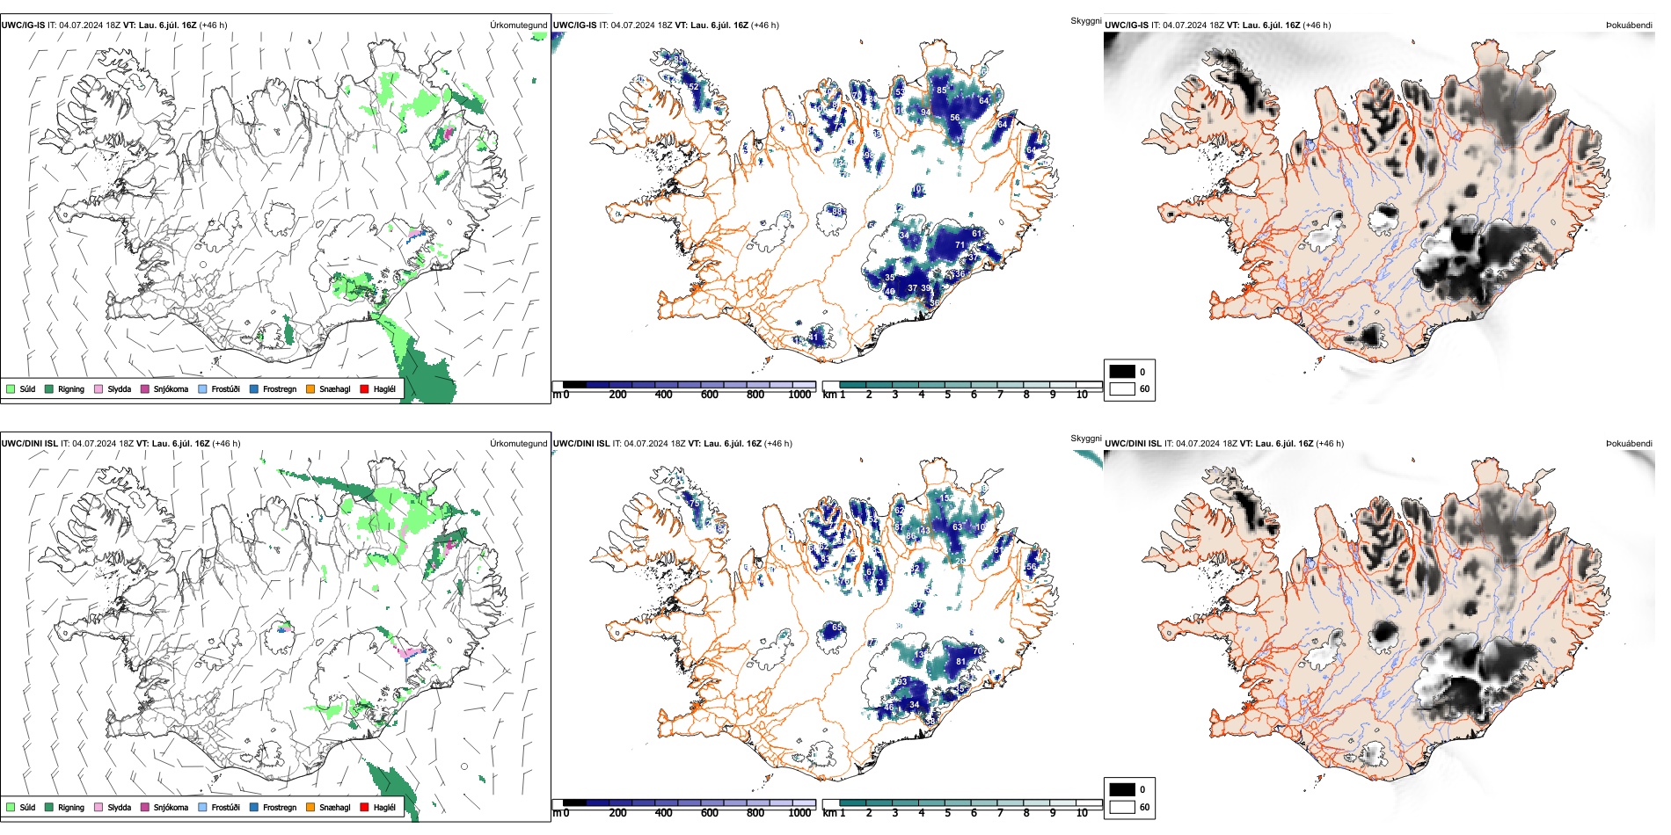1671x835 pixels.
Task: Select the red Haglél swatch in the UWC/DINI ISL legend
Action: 364,807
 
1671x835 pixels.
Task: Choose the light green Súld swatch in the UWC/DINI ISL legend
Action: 11,807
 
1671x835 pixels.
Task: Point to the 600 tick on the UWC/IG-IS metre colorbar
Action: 710,395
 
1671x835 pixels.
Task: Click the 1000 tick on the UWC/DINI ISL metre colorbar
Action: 799,813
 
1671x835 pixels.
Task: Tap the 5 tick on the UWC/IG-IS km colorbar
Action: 947,395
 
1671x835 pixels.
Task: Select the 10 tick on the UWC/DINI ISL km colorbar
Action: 1082,813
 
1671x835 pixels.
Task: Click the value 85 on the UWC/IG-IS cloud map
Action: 941,90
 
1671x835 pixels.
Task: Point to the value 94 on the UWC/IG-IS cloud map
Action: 925,113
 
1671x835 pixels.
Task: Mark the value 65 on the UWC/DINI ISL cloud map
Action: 837,628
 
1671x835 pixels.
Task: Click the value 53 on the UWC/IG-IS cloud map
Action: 900,92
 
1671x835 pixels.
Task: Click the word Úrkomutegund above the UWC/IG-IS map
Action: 518,25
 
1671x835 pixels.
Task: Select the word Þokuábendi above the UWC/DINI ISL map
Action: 1629,444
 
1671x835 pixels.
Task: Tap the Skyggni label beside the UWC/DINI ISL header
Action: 1085,438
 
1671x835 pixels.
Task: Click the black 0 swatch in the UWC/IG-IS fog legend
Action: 1122,372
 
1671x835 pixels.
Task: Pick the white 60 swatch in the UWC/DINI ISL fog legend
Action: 1122,807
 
